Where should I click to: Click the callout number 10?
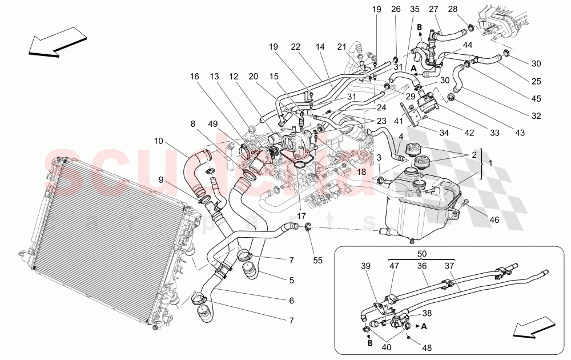click(x=158, y=140)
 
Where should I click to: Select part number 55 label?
click(x=317, y=261)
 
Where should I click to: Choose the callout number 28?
click(x=468, y=9)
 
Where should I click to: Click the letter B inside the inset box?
click(x=369, y=344)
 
